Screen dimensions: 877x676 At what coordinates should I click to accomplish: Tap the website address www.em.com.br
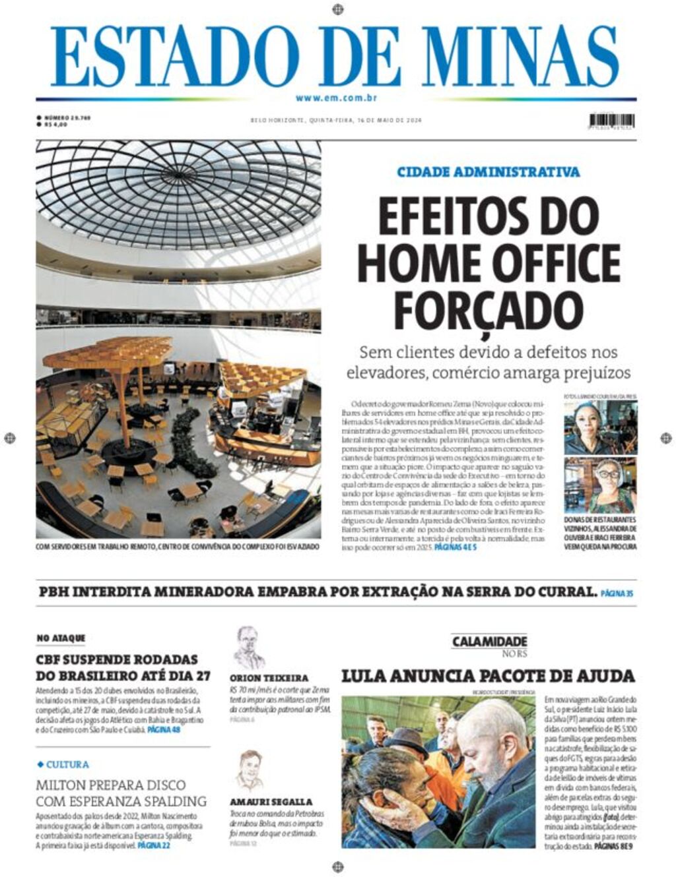click(x=336, y=98)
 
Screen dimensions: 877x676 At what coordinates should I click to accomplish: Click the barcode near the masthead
click(x=612, y=121)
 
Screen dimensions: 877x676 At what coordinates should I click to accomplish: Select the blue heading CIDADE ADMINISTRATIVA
click(x=489, y=172)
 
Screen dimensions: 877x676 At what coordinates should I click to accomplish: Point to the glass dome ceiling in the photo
click(x=178, y=191)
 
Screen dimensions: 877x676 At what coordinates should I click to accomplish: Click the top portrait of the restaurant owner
click(x=600, y=427)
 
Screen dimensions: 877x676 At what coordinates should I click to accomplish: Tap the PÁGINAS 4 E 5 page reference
click(x=456, y=547)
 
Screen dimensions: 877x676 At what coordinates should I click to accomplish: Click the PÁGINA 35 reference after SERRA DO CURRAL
click(x=617, y=593)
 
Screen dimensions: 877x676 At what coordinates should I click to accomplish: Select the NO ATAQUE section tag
click(x=61, y=638)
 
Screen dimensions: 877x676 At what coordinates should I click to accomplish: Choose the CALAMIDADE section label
click(x=489, y=642)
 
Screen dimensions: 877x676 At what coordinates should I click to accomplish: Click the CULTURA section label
click(x=67, y=765)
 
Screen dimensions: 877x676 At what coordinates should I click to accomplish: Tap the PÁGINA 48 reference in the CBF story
click(x=164, y=731)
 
